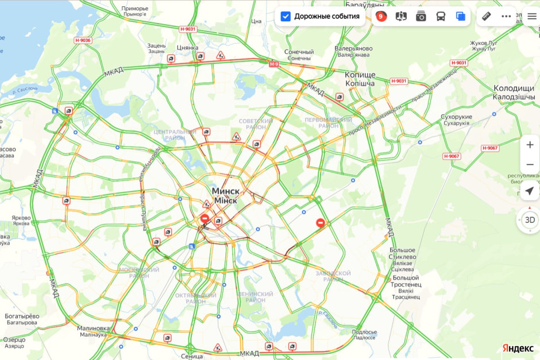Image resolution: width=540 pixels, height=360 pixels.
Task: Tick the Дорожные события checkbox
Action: point(286,17)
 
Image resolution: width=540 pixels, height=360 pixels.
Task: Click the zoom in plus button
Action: point(530,145)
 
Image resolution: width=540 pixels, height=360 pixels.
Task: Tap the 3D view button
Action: point(530,219)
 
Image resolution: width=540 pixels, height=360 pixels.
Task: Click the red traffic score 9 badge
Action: point(380,17)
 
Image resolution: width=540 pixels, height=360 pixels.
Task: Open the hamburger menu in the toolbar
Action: point(532,16)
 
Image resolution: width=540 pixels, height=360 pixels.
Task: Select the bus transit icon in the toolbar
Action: point(441,17)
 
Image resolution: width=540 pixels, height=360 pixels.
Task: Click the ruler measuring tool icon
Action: point(487,16)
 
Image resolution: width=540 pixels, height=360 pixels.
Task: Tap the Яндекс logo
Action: point(518,349)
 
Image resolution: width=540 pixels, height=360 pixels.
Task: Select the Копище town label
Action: point(360,75)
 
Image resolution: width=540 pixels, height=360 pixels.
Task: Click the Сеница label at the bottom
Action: point(191,356)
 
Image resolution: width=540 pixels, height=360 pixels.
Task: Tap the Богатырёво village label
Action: point(22,316)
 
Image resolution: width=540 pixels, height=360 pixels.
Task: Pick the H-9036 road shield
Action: point(83,40)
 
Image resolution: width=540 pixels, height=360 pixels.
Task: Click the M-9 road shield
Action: point(273,64)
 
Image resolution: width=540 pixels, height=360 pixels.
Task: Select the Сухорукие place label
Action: point(456,117)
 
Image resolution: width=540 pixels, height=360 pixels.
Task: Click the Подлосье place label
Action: point(364,332)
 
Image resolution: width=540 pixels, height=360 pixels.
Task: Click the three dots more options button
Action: point(506,16)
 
